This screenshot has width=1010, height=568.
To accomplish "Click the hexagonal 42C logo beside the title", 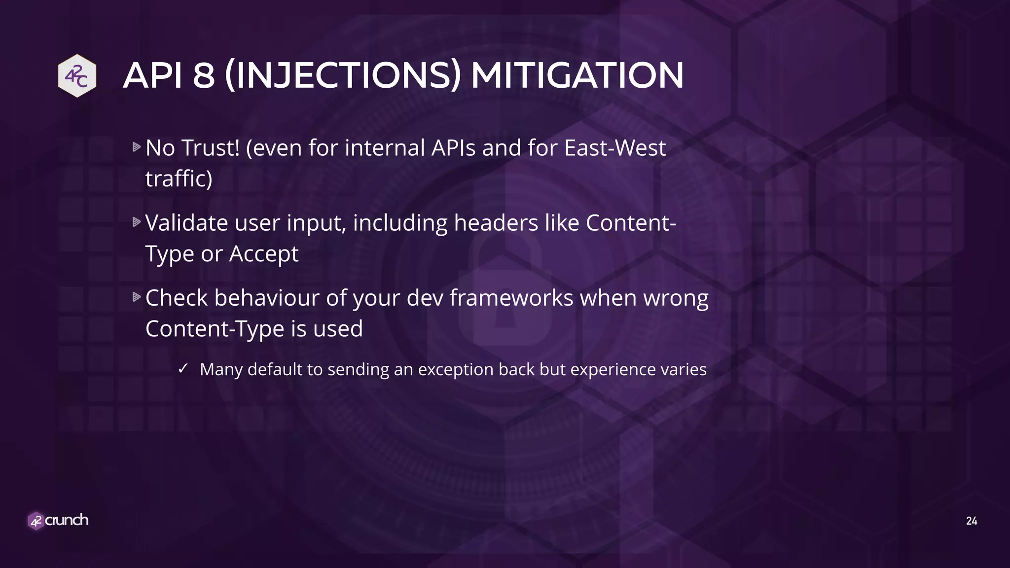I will tap(77, 75).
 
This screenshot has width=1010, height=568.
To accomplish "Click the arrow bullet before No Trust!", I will tap(137, 147).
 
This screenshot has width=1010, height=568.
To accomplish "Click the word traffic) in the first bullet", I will tap(179, 178).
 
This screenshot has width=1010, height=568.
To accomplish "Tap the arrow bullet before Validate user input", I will tap(137, 222).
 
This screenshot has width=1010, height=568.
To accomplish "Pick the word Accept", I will tap(263, 254).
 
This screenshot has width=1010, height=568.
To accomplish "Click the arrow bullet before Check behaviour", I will tap(137, 297).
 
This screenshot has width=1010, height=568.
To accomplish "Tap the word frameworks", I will tap(511, 298).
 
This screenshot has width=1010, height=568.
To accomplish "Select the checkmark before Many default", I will tap(183, 368).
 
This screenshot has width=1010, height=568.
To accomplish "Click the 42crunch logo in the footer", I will tap(58, 520).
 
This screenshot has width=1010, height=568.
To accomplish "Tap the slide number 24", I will tap(971, 521).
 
